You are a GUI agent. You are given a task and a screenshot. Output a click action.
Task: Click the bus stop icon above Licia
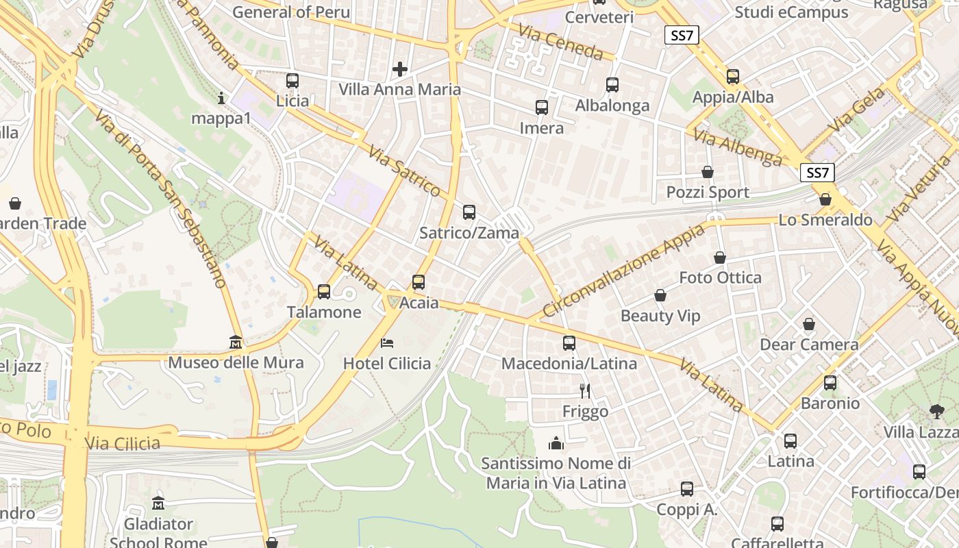click(x=292, y=80)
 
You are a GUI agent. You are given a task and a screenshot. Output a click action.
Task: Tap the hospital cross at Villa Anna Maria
click(x=400, y=68)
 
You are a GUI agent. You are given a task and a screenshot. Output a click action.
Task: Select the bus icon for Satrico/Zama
click(x=469, y=212)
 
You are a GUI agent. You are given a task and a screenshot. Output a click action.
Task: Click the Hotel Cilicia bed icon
click(x=387, y=342)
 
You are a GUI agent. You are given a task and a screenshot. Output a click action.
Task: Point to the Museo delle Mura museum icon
click(x=236, y=341)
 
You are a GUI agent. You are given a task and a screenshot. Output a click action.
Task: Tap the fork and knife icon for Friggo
click(x=585, y=390)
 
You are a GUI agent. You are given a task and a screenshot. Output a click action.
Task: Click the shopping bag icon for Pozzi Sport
click(x=708, y=171)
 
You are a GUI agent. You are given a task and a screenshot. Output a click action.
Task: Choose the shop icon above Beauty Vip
click(x=660, y=295)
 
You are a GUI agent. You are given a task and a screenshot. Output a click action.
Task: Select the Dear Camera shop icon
click(x=809, y=323)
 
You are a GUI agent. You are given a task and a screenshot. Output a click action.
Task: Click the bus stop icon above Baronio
click(x=830, y=383)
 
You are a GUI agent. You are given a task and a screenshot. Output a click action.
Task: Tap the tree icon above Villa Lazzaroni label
click(x=936, y=412)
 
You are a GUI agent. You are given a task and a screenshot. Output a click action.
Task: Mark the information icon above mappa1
click(x=221, y=98)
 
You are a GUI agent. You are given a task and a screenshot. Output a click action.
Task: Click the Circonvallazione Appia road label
click(x=623, y=271)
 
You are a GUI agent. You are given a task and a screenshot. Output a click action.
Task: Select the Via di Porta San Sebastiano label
click(x=162, y=199)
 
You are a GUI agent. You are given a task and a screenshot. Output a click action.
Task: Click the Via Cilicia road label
click(x=123, y=443)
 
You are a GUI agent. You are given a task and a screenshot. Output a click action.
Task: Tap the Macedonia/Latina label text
click(x=569, y=363)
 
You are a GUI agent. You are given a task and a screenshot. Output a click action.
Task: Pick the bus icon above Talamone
click(x=324, y=292)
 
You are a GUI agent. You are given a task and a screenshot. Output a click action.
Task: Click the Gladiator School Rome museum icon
click(x=158, y=503)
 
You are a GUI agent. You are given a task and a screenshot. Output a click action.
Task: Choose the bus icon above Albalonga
click(x=612, y=85)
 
